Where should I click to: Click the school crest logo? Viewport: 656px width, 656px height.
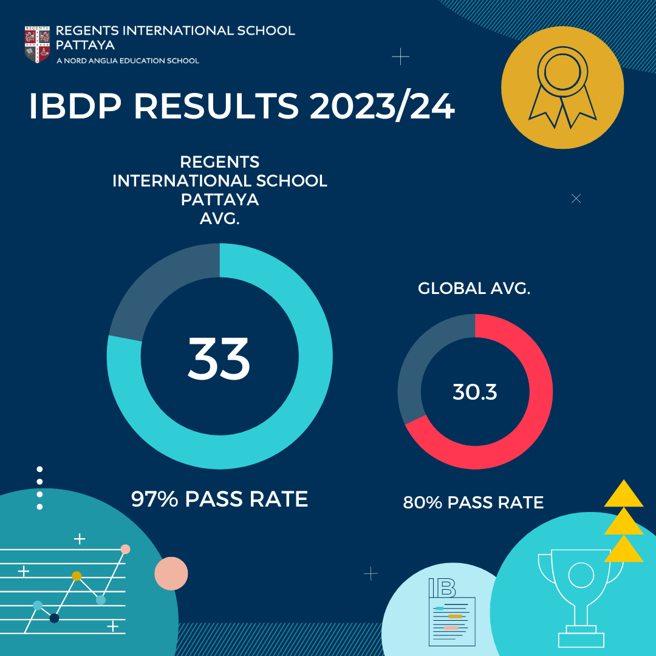[x=37, y=44]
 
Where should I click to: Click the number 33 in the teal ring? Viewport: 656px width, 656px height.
[x=219, y=358]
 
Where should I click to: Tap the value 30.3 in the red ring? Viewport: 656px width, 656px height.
[x=475, y=392]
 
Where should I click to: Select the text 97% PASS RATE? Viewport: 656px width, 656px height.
[x=219, y=499]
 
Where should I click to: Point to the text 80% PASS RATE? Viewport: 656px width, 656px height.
[x=473, y=503]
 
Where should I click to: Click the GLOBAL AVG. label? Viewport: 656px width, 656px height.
[x=474, y=289]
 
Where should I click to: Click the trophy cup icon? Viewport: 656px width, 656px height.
[x=581, y=595]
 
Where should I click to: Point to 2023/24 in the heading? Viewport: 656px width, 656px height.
[x=382, y=107]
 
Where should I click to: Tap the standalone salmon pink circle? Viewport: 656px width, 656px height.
[x=171, y=573]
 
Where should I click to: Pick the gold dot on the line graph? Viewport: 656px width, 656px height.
[x=77, y=576]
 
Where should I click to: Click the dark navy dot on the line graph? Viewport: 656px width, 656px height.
[x=54, y=618]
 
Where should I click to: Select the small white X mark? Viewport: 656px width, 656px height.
[x=576, y=199]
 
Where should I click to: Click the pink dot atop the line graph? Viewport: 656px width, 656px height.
[x=125, y=549]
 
